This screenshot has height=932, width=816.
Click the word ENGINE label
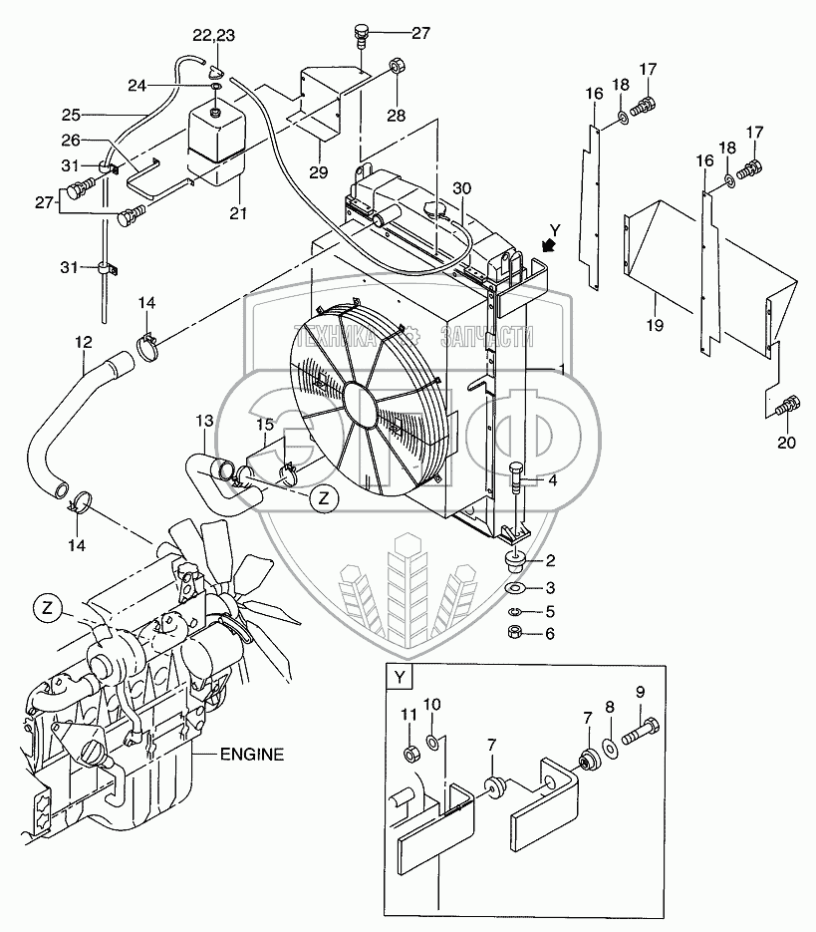coord(253,754)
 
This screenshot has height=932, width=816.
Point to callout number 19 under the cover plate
coord(654,324)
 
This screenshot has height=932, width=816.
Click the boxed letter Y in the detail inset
coord(401,679)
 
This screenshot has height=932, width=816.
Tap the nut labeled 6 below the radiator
coord(516,632)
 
